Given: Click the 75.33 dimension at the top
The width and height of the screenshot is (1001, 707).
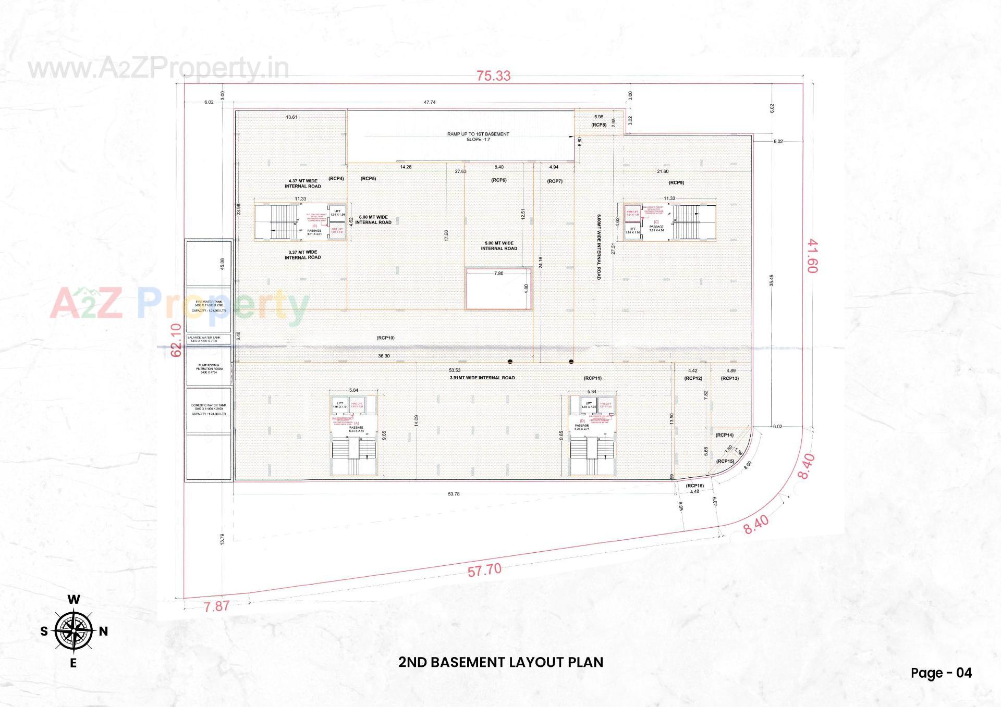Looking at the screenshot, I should click(493, 76).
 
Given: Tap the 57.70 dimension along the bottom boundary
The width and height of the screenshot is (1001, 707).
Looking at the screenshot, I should click(484, 570).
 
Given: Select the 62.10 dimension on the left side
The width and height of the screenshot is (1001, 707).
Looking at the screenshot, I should click(177, 340).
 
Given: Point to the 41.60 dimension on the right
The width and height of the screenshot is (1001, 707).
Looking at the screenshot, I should click(813, 256).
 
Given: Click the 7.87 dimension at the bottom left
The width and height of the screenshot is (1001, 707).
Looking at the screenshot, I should click(216, 606).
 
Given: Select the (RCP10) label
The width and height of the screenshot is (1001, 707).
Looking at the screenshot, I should click(385, 338).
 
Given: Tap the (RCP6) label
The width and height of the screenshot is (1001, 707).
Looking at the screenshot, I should click(499, 180).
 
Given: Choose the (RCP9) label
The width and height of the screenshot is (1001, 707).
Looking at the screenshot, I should click(676, 182).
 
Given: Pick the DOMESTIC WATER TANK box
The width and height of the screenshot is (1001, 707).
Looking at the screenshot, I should click(209, 410).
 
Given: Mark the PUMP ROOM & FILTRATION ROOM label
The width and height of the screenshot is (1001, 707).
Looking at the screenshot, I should click(209, 368).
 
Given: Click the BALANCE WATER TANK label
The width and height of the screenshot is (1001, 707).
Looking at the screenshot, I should click(208, 339).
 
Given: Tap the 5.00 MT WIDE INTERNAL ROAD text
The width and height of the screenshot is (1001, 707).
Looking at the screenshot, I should click(499, 245).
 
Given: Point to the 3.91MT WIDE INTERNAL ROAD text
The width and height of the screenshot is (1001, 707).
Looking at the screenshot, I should click(482, 378).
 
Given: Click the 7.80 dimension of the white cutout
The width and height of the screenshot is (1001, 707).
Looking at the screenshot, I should click(498, 273).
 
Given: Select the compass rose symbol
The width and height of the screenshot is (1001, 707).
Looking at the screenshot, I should click(74, 631).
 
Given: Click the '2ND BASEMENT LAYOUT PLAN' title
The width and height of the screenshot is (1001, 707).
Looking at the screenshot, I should click(500, 662).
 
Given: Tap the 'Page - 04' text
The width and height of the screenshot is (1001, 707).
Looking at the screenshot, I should click(941, 673).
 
